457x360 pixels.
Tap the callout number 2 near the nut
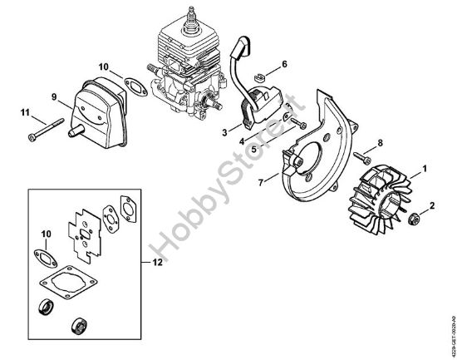click(430, 205)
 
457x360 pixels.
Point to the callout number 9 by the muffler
click(54, 97)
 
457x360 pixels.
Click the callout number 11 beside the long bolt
click(25, 112)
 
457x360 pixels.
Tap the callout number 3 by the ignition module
click(225, 131)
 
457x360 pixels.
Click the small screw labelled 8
click(359, 155)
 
